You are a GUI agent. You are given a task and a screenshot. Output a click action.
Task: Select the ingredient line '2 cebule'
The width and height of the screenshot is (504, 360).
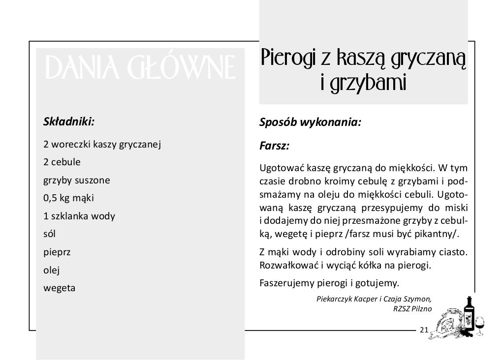(62, 162)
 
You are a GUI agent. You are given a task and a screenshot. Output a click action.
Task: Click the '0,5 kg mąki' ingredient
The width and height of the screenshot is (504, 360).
(68, 198)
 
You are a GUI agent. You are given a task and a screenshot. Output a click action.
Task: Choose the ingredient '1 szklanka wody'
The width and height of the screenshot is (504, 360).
(79, 216)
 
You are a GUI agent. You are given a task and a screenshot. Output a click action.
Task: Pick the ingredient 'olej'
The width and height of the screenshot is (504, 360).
(52, 270)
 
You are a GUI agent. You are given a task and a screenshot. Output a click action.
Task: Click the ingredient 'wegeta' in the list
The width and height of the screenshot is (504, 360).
(59, 288)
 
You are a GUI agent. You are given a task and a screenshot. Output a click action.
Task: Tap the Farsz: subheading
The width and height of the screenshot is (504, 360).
(274, 146)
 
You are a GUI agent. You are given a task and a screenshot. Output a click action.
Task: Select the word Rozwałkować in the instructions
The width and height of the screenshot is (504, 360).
(286, 266)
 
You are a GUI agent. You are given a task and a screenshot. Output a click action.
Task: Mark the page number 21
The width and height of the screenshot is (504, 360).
(424, 329)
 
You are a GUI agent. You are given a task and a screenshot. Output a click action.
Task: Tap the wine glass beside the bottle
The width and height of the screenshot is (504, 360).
(480, 325)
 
